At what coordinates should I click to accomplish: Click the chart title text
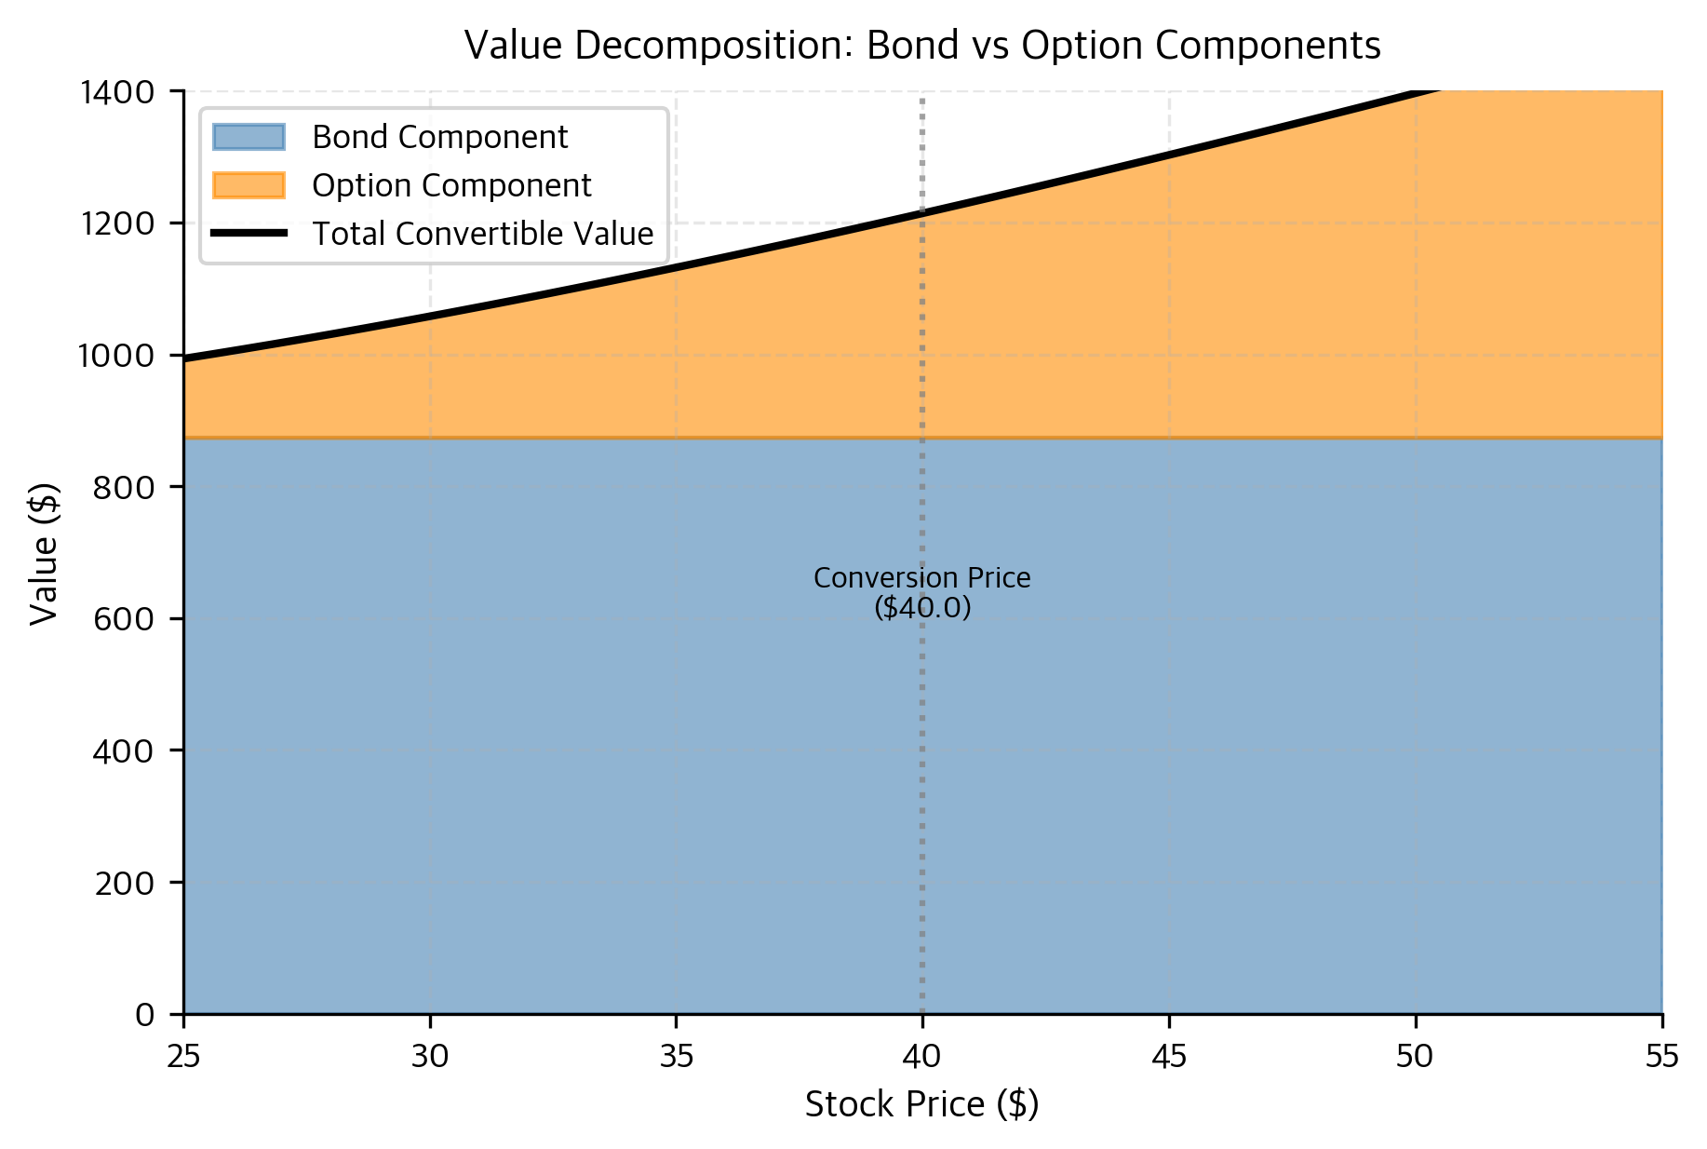click(921, 45)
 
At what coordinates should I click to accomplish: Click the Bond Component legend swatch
click(249, 137)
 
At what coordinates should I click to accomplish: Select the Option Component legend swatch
click(249, 185)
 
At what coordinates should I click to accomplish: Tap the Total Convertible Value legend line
click(249, 234)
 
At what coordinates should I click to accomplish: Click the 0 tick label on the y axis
click(145, 1014)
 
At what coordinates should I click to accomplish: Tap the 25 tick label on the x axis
click(184, 1057)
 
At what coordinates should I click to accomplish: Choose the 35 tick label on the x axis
click(677, 1057)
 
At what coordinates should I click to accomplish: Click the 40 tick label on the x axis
click(922, 1057)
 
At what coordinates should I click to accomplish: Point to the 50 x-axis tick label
click(1416, 1057)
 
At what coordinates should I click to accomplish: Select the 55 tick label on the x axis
click(1662, 1057)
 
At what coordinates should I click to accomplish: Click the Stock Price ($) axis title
click(921, 1104)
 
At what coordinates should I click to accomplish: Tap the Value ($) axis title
click(44, 553)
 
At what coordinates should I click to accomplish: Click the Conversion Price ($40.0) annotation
click(922, 592)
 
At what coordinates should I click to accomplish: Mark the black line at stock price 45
click(1169, 155)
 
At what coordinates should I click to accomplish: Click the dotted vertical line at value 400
click(922, 750)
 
